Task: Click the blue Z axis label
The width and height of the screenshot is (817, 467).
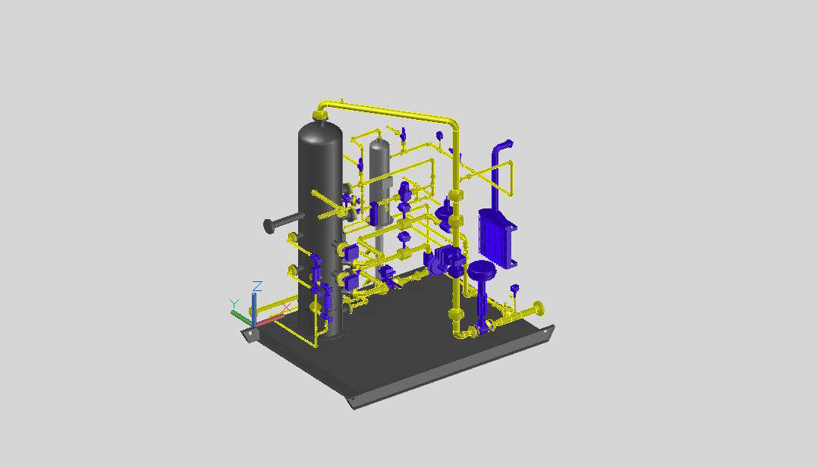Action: coord(257,287)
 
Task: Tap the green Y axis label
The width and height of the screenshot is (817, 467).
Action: coord(234,303)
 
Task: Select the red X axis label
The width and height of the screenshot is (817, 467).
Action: coord(285,309)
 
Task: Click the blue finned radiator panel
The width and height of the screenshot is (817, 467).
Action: coord(498,239)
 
